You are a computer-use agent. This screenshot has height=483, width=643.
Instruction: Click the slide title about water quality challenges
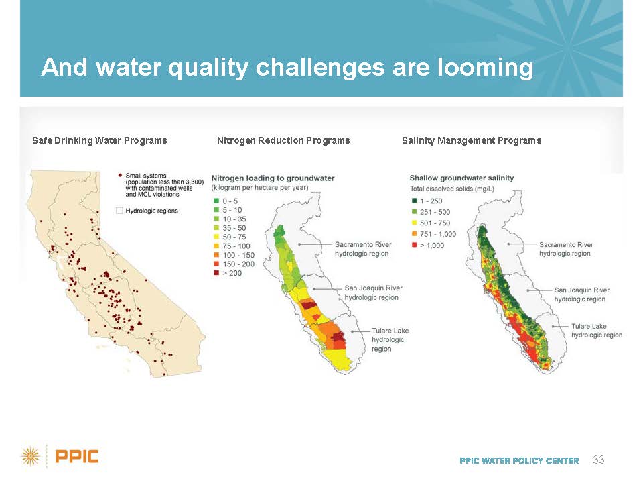click(x=287, y=67)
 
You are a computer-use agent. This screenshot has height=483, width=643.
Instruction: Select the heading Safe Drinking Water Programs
click(x=100, y=140)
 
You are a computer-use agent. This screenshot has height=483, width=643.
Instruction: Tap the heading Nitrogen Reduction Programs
click(x=283, y=140)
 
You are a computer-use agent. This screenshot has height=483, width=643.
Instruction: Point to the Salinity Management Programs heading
click(x=472, y=140)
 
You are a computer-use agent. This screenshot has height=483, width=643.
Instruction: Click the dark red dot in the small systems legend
click(x=120, y=175)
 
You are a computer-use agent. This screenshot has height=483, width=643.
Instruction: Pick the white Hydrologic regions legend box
click(x=119, y=211)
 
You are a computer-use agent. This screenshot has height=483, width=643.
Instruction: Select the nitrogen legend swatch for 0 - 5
click(x=216, y=201)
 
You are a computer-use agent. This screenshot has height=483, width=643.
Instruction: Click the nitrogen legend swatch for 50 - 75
click(x=216, y=237)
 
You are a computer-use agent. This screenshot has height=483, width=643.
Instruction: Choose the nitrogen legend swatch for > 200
click(x=216, y=273)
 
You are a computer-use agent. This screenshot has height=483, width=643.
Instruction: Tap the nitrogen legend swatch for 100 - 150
click(x=216, y=255)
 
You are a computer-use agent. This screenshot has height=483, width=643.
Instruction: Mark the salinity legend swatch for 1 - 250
click(x=414, y=201)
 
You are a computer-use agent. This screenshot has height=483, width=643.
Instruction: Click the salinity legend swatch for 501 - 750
click(x=414, y=223)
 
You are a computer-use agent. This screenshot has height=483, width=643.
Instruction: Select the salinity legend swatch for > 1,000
click(x=414, y=246)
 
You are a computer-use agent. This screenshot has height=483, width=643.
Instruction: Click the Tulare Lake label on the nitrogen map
click(x=390, y=339)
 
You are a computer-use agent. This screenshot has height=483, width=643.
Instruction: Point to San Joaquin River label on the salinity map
click(x=581, y=294)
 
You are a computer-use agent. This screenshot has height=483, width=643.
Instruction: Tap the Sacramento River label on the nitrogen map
click(x=363, y=249)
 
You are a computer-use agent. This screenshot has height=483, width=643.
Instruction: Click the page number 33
click(x=598, y=460)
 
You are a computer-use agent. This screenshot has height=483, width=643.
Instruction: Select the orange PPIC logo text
click(x=76, y=456)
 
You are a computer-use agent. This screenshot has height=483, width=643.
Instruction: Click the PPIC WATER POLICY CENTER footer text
click(x=519, y=460)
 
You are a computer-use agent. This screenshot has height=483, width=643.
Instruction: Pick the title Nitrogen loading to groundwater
click(x=273, y=178)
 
